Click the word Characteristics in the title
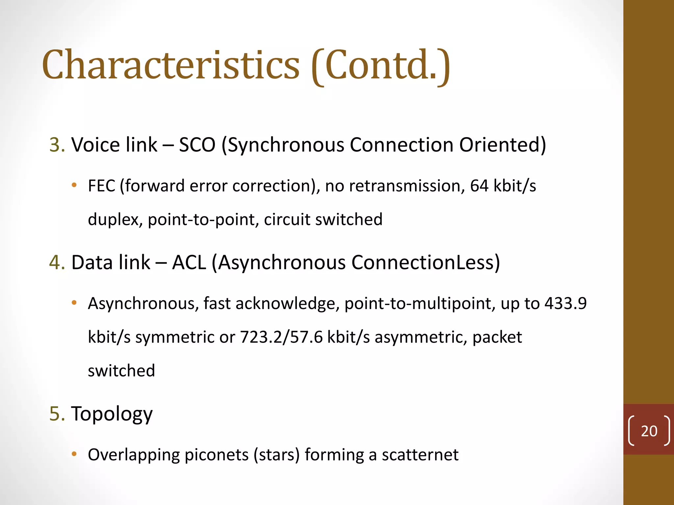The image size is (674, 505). pos(170,65)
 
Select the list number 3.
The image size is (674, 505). pos(57,145)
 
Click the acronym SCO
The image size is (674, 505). pos(197,145)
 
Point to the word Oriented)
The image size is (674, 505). pos(502,145)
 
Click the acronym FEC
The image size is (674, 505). pos(101,186)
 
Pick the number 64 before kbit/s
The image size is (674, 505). pos(479,186)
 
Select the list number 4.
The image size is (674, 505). pos(57,262)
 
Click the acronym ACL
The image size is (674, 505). pos(189,262)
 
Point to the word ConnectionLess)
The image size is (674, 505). pos(425,262)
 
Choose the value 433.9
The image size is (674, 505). pos(565,303)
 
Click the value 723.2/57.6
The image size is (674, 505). pos(281,337)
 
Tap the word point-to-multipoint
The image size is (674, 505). pos(420,304)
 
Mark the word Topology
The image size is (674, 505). pos(112,414)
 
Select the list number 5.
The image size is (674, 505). pos(57,414)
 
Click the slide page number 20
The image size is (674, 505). pos(649,431)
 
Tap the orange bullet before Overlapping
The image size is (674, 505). pos(74,454)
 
